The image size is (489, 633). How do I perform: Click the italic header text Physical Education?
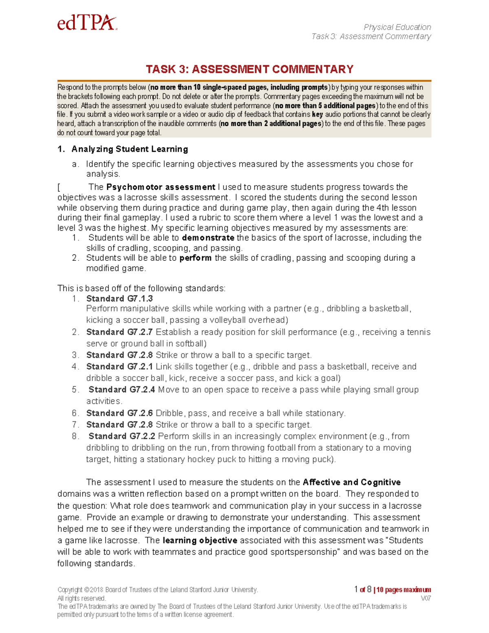397,27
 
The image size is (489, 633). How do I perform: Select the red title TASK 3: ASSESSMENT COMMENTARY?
249,69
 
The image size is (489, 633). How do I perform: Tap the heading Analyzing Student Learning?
130,149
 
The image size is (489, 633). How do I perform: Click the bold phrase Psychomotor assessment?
161,187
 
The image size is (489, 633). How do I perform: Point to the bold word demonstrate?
208,238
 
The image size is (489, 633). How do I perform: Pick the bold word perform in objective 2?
195,258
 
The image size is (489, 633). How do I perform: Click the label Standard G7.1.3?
119,298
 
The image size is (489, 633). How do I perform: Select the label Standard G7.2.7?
119,332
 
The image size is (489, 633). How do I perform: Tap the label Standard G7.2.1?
119,366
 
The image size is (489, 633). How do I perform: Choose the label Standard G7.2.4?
121,390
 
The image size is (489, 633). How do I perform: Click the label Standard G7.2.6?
119,413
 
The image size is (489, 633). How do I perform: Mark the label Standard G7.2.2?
121,436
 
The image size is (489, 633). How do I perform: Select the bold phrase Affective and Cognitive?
352,482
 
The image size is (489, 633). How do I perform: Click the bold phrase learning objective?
200,540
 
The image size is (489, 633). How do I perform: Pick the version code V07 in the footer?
425,598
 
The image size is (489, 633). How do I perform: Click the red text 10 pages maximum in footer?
403,590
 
